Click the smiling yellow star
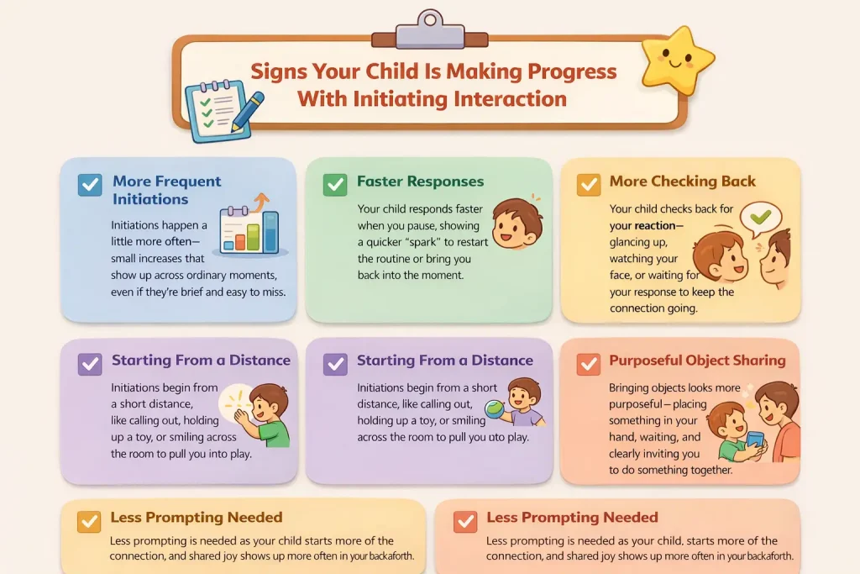click(x=677, y=62)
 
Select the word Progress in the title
click(x=564, y=71)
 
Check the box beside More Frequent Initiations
click(x=89, y=185)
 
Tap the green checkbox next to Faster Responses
click(x=335, y=185)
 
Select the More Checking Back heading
click(x=682, y=182)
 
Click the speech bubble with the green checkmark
click(x=760, y=218)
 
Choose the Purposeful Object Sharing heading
click(x=697, y=361)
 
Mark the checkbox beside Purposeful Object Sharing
click(x=588, y=364)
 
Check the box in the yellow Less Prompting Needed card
click(x=89, y=522)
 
